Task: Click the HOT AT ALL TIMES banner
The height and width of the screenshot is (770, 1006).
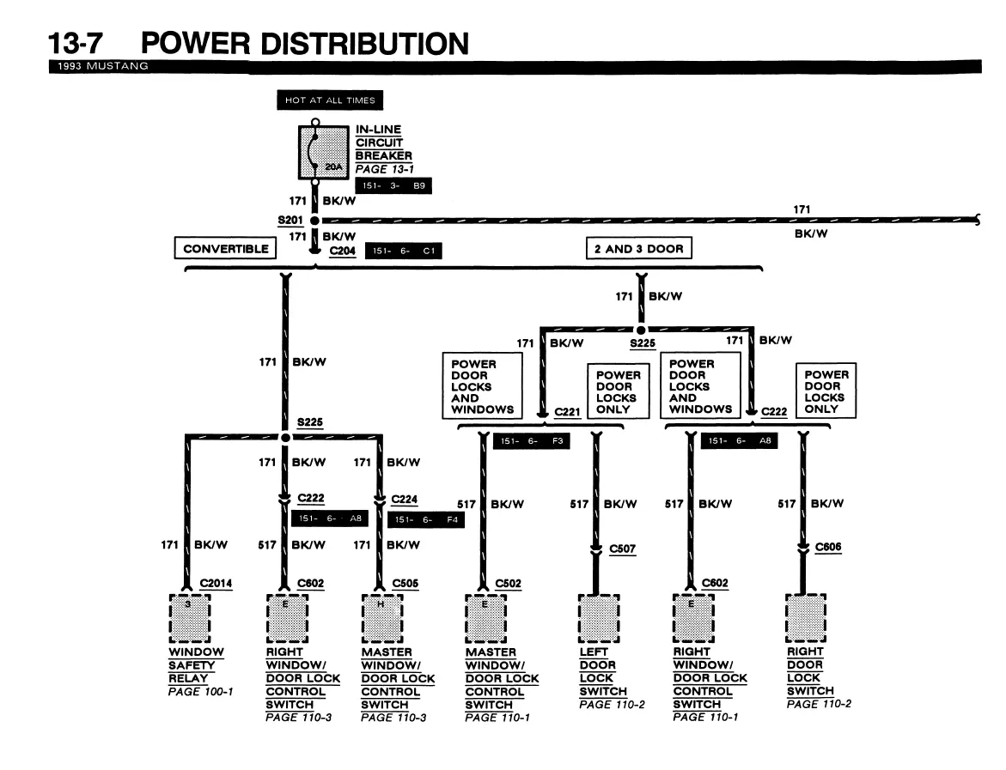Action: (x=330, y=100)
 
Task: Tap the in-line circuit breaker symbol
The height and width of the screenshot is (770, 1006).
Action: (x=323, y=153)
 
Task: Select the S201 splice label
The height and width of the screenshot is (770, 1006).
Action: (x=290, y=221)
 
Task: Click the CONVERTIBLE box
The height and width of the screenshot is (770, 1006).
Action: (x=225, y=248)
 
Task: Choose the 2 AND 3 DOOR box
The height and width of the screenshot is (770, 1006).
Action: (x=639, y=248)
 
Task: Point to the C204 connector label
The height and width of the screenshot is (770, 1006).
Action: (x=342, y=251)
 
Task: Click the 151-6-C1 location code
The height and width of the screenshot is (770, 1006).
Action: (x=404, y=251)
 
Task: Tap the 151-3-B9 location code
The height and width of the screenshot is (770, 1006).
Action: (x=393, y=185)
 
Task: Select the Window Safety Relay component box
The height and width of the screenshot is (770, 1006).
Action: (x=190, y=618)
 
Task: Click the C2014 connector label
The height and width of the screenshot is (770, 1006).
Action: (x=216, y=584)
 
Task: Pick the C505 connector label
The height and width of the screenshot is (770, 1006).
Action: (x=405, y=584)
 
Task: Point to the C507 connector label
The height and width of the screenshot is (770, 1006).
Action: (x=622, y=549)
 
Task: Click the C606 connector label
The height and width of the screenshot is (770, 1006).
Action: (x=827, y=547)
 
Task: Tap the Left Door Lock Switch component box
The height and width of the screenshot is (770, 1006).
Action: (x=599, y=618)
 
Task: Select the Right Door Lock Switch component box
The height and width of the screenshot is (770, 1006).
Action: (x=806, y=618)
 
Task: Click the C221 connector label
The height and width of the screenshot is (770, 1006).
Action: (x=567, y=412)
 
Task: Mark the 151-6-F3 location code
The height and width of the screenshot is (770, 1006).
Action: (x=531, y=441)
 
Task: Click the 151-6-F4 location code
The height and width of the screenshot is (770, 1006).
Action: (x=426, y=519)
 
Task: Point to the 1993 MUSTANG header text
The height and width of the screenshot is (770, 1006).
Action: (x=102, y=66)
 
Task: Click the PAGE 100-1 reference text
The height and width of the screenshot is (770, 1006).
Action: (x=200, y=692)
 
